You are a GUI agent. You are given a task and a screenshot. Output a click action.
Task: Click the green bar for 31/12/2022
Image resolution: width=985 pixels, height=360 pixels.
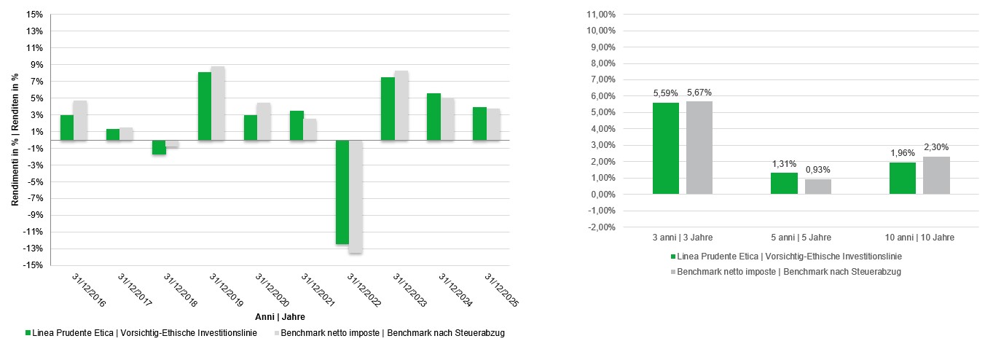(x=342, y=192)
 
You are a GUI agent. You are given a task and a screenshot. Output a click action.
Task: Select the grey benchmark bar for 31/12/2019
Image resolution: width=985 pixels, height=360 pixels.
(x=218, y=103)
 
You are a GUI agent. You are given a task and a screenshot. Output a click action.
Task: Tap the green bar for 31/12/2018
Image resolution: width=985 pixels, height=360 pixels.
(x=159, y=147)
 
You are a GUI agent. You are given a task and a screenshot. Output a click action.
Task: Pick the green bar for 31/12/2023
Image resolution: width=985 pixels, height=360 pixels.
(x=388, y=109)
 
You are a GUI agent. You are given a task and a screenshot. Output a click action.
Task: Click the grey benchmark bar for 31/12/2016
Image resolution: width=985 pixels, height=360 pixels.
(x=80, y=120)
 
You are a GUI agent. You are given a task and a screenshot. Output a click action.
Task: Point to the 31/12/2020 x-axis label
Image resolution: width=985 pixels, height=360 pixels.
(x=271, y=289)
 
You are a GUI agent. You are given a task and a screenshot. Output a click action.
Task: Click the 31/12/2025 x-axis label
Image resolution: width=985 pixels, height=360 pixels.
(x=501, y=289)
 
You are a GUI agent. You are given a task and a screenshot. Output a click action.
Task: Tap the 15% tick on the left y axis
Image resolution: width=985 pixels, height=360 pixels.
(x=33, y=15)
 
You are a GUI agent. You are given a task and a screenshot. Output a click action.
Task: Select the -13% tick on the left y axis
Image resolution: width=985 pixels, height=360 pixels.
(x=31, y=249)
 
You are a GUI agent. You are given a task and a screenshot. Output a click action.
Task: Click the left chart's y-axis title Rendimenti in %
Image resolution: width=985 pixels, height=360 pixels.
(x=15, y=140)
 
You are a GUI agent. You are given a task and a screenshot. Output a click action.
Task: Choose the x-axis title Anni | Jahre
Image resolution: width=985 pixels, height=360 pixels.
(x=280, y=317)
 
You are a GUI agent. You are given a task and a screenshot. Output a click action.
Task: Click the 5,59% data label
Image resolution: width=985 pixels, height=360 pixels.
(x=665, y=93)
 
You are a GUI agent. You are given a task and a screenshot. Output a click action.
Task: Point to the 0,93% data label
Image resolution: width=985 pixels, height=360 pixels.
(x=817, y=170)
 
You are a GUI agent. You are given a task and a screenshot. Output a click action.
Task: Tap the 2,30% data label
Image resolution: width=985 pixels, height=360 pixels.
(x=936, y=147)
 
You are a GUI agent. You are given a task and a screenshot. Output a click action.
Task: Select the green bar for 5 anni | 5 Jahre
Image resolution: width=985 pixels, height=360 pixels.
(x=784, y=184)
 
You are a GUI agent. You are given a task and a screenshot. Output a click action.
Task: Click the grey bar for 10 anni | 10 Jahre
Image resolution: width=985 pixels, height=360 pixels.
(x=936, y=176)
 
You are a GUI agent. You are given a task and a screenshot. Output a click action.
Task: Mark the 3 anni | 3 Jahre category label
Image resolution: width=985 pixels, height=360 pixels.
(x=683, y=238)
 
